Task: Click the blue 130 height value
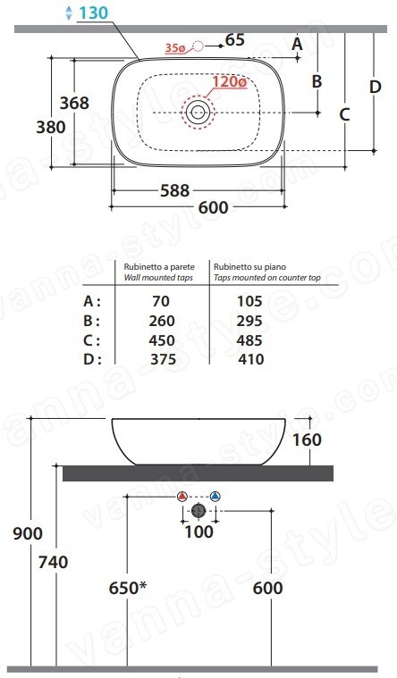pos(93,13)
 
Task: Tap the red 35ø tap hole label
pos(175,48)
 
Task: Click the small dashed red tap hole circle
pos(198,46)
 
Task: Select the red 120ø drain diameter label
pos(230,81)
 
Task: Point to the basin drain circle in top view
pos(198,113)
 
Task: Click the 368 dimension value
pos(74,103)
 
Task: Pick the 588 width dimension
pos(175,190)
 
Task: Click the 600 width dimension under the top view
pos(213,208)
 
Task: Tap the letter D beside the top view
pos(375,87)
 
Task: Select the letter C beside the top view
pos(344,114)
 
